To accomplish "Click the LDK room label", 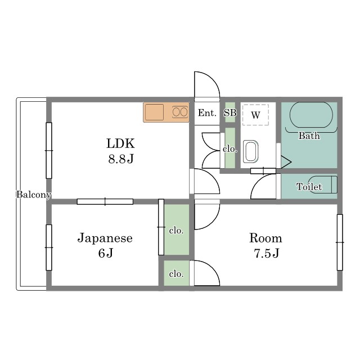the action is [120, 143].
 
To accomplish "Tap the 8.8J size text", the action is [121, 159].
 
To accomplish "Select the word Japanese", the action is [105, 238].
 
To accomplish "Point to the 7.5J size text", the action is [266, 253].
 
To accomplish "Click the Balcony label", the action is [34, 195].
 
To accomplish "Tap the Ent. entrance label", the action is [208, 112].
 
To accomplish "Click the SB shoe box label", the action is [230, 112].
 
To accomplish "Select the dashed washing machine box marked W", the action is [255, 115].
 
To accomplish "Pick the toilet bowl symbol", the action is [322, 184].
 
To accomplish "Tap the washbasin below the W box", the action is [251, 151].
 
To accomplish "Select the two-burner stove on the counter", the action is [180, 112].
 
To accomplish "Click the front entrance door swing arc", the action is [213, 79].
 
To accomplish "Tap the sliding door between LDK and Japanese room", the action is [105, 201].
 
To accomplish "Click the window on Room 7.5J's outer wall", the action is [340, 242].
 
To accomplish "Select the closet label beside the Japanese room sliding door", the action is [176, 230].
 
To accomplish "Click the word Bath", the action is [309, 136].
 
